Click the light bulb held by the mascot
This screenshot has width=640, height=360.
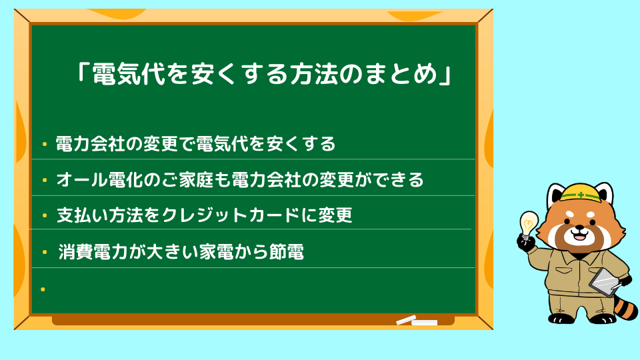[x=528, y=224]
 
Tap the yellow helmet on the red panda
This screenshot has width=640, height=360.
[x=581, y=192]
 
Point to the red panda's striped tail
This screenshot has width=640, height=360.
[x=625, y=305]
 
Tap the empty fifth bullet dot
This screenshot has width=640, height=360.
[x=43, y=289]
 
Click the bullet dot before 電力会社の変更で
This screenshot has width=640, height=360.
[x=45, y=144]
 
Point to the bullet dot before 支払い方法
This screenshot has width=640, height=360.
[x=45, y=215]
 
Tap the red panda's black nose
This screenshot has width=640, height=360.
[x=579, y=227]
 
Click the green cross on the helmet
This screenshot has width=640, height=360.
[x=581, y=195]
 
